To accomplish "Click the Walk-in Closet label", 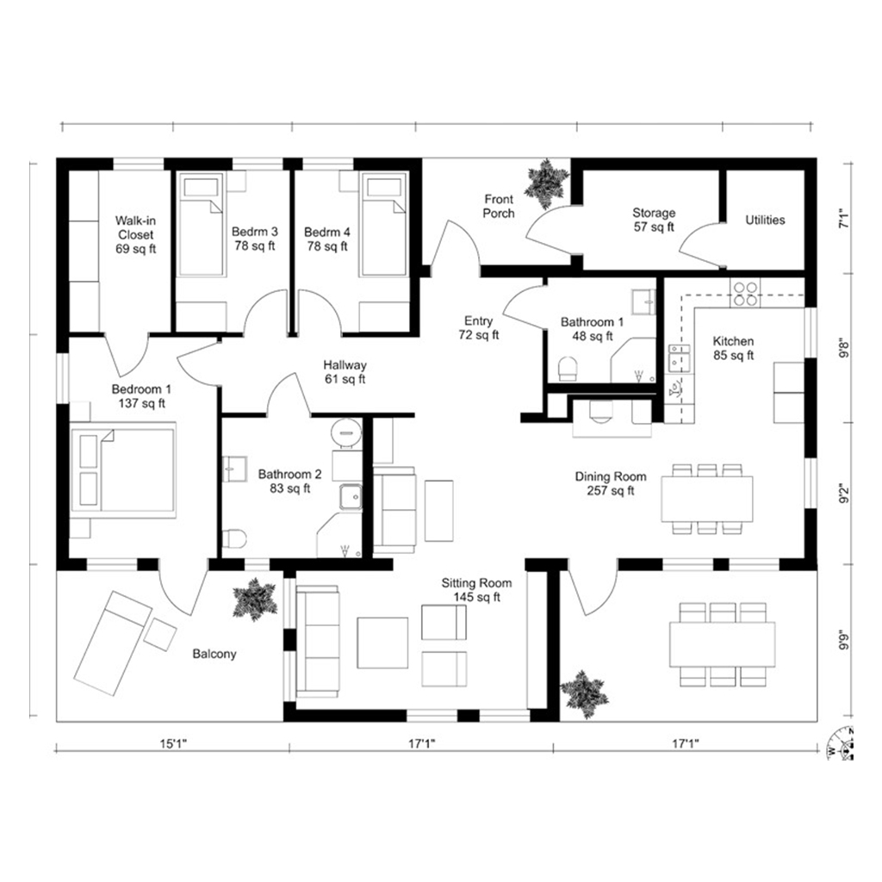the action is [x=135, y=234].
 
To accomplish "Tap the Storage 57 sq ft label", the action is [x=654, y=220].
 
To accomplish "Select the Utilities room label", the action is [x=765, y=220].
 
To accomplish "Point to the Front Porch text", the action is [x=499, y=206].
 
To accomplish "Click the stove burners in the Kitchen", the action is [x=745, y=293].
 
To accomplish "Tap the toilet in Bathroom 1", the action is [x=568, y=369].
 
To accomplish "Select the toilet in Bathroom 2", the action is [x=234, y=539].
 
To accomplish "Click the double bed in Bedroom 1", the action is [x=122, y=470].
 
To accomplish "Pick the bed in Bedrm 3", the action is [x=202, y=224].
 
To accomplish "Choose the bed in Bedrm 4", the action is [x=383, y=224].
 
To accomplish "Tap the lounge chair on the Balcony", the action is [x=113, y=642].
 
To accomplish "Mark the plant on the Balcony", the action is [x=255, y=599].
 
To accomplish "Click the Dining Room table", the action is [x=707, y=499].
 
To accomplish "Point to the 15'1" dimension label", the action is [x=173, y=743].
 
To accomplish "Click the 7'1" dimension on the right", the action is [x=844, y=218].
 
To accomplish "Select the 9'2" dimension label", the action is [x=844, y=494].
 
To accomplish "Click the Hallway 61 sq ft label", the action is [x=345, y=372].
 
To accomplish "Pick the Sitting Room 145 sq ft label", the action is [x=476, y=590].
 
